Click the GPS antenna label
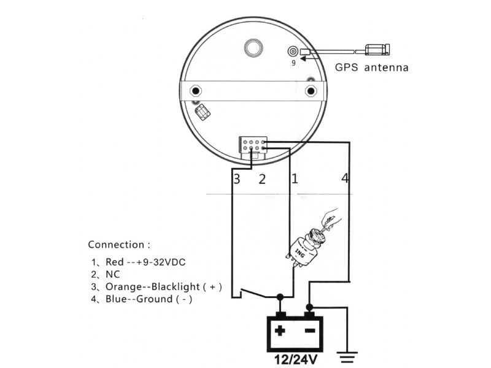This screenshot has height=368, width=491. (372, 67)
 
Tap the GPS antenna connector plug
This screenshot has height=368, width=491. (377, 50)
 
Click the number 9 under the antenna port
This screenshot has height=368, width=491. (293, 63)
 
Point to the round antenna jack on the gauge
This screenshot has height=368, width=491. (293, 51)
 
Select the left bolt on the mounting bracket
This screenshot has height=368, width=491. (196, 91)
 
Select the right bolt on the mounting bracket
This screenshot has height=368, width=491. (311, 91)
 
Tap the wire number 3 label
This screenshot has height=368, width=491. (237, 179)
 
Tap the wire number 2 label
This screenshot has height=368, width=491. (262, 179)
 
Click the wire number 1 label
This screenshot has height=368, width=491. (295, 178)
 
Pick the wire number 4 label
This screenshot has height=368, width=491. (344, 178)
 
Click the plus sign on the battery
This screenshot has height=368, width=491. (280, 331)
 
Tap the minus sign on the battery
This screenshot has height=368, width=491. (310, 331)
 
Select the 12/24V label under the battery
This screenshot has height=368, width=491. (296, 360)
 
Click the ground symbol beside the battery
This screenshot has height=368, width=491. (347, 357)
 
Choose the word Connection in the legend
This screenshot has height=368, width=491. (116, 245)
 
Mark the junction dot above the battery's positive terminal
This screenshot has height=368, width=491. (280, 297)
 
